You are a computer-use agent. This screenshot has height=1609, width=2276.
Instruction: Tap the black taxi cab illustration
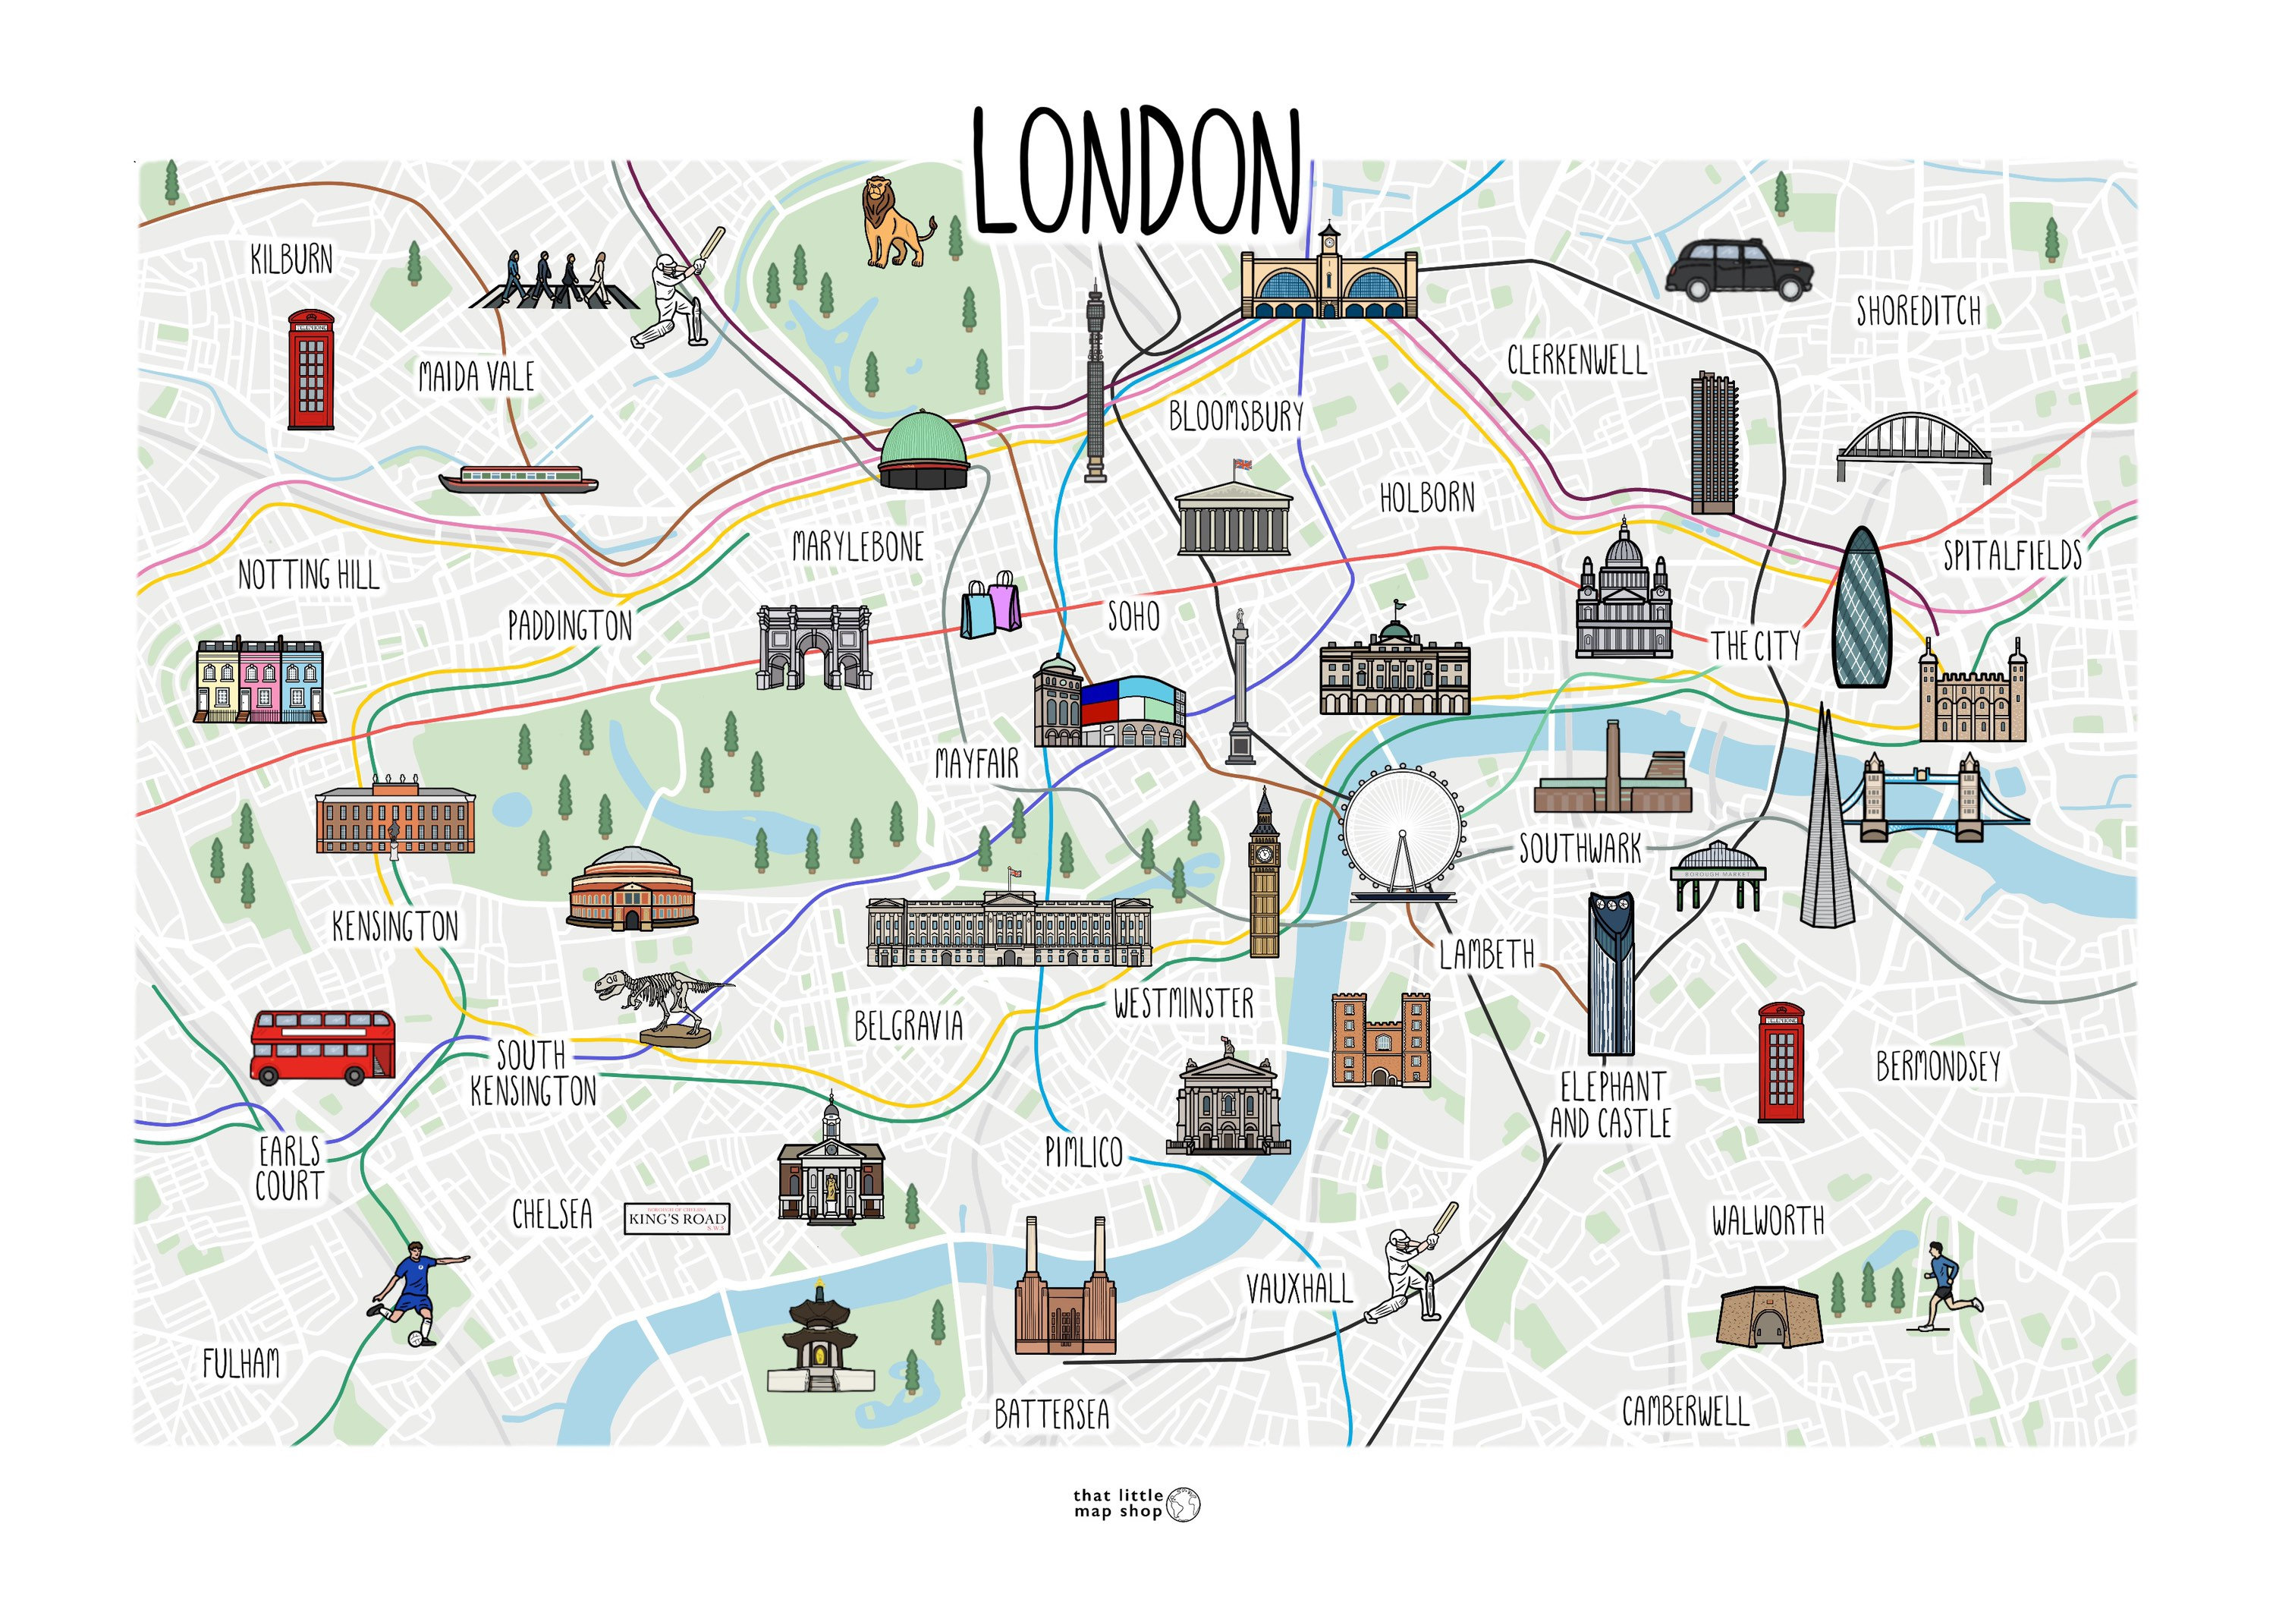point(1738,269)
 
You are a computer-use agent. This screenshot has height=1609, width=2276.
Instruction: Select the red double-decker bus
point(322,1046)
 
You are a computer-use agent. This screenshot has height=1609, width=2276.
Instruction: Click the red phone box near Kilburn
point(310,369)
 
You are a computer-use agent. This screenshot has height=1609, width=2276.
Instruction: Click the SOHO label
point(1133,616)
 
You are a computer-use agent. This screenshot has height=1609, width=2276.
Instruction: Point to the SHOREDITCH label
point(1918,311)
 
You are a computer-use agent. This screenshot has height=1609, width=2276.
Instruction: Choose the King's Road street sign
point(677,1218)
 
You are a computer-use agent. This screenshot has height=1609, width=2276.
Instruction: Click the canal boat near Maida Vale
point(517,480)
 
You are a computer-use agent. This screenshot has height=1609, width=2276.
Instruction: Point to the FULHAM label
point(241,1364)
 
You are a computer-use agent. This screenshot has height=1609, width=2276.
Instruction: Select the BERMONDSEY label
point(1937,1066)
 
